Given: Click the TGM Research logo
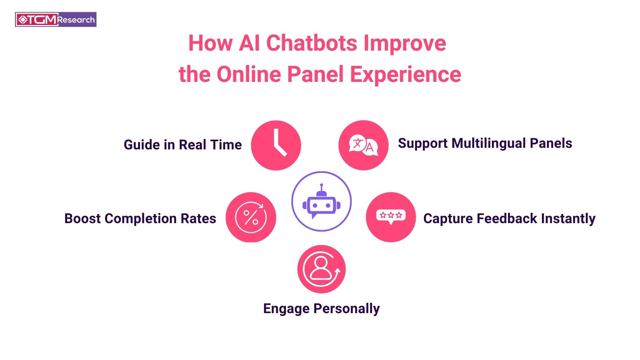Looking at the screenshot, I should pos(56,20).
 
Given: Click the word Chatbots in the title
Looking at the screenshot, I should pos(311,43).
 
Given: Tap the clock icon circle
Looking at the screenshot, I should pos(276,145).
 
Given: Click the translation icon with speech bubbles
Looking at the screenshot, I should pos(363,145).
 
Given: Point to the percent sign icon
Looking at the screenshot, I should pos(251,217).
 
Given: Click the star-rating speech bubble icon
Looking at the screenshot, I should pos(391,216).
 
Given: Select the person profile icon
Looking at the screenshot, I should pos(321,269).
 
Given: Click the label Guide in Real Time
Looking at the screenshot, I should pos(183,145).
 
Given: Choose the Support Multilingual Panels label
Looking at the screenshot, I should pos(485,143).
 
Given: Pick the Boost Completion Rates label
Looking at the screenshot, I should pos(140,218).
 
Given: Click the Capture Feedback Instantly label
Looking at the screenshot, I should pos(509,218).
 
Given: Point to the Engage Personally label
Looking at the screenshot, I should pos(321,308).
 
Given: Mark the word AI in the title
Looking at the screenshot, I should pos(249,43).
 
